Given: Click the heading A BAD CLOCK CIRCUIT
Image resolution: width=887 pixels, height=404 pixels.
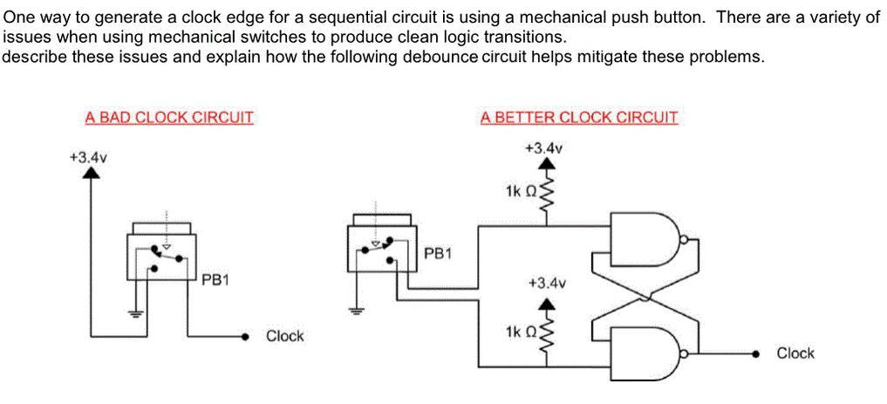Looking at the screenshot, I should click(169, 117).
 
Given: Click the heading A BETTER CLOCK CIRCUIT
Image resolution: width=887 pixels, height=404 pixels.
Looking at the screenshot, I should click(578, 117).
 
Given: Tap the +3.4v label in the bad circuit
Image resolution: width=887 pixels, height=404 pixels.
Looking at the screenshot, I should click(87, 157).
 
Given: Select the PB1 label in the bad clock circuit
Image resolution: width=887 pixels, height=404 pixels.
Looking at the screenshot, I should click(215, 280).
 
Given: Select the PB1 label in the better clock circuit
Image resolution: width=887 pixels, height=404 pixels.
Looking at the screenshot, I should click(438, 253).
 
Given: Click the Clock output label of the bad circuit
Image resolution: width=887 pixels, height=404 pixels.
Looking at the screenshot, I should click(284, 336).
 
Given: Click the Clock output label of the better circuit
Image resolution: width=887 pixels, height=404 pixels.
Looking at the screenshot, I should click(795, 353).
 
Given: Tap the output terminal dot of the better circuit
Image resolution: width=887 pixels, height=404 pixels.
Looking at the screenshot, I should click(756, 353).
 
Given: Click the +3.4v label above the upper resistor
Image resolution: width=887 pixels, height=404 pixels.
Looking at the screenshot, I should click(544, 148).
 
